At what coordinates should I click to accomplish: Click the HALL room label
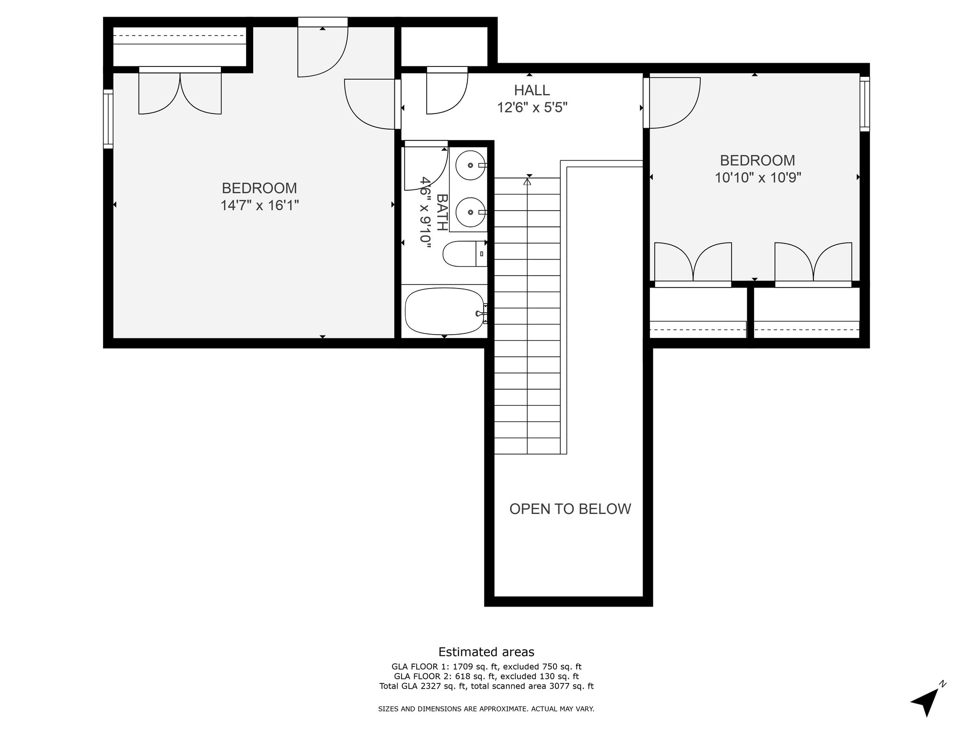(532, 90)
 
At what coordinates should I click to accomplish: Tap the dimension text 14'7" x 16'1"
(259, 206)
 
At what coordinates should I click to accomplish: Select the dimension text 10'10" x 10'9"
(758, 178)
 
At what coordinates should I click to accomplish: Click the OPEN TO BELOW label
(570, 509)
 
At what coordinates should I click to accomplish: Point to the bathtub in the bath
(444, 311)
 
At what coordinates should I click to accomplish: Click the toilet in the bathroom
(464, 254)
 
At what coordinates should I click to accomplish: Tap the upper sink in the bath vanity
(468, 165)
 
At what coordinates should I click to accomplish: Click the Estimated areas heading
(486, 652)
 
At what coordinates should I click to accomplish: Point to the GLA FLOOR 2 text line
(486, 676)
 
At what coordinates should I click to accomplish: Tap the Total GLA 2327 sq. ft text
(486, 686)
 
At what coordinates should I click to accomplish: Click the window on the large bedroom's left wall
(108, 119)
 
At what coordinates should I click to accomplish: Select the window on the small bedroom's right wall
(865, 103)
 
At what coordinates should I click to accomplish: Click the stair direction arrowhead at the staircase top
(527, 181)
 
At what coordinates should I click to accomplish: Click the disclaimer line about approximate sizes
(486, 709)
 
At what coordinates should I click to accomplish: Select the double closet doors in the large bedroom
(180, 93)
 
